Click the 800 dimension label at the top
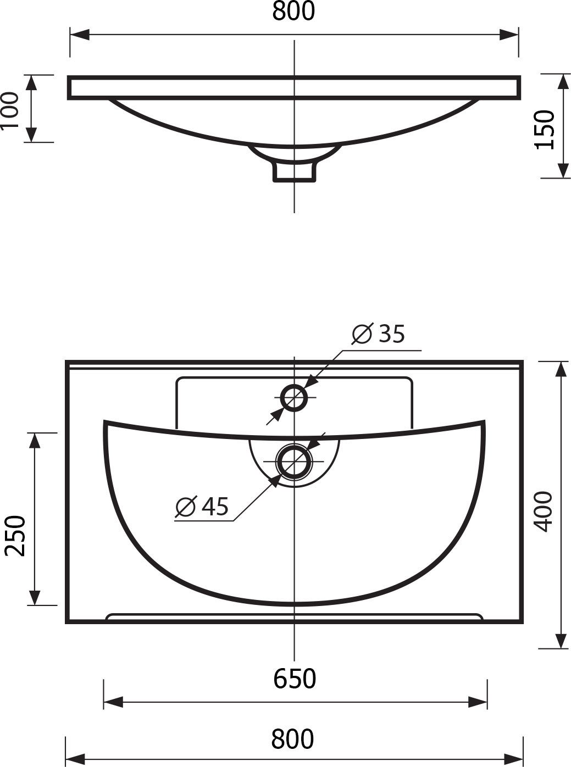(x=293, y=11)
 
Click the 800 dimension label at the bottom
(x=292, y=738)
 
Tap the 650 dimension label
(x=295, y=679)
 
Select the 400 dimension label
(x=544, y=512)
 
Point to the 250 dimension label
(x=15, y=536)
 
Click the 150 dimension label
(x=545, y=130)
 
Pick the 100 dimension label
(x=9, y=110)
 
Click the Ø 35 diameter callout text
(x=378, y=334)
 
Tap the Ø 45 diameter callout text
(x=202, y=507)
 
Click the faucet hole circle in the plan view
(x=294, y=398)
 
